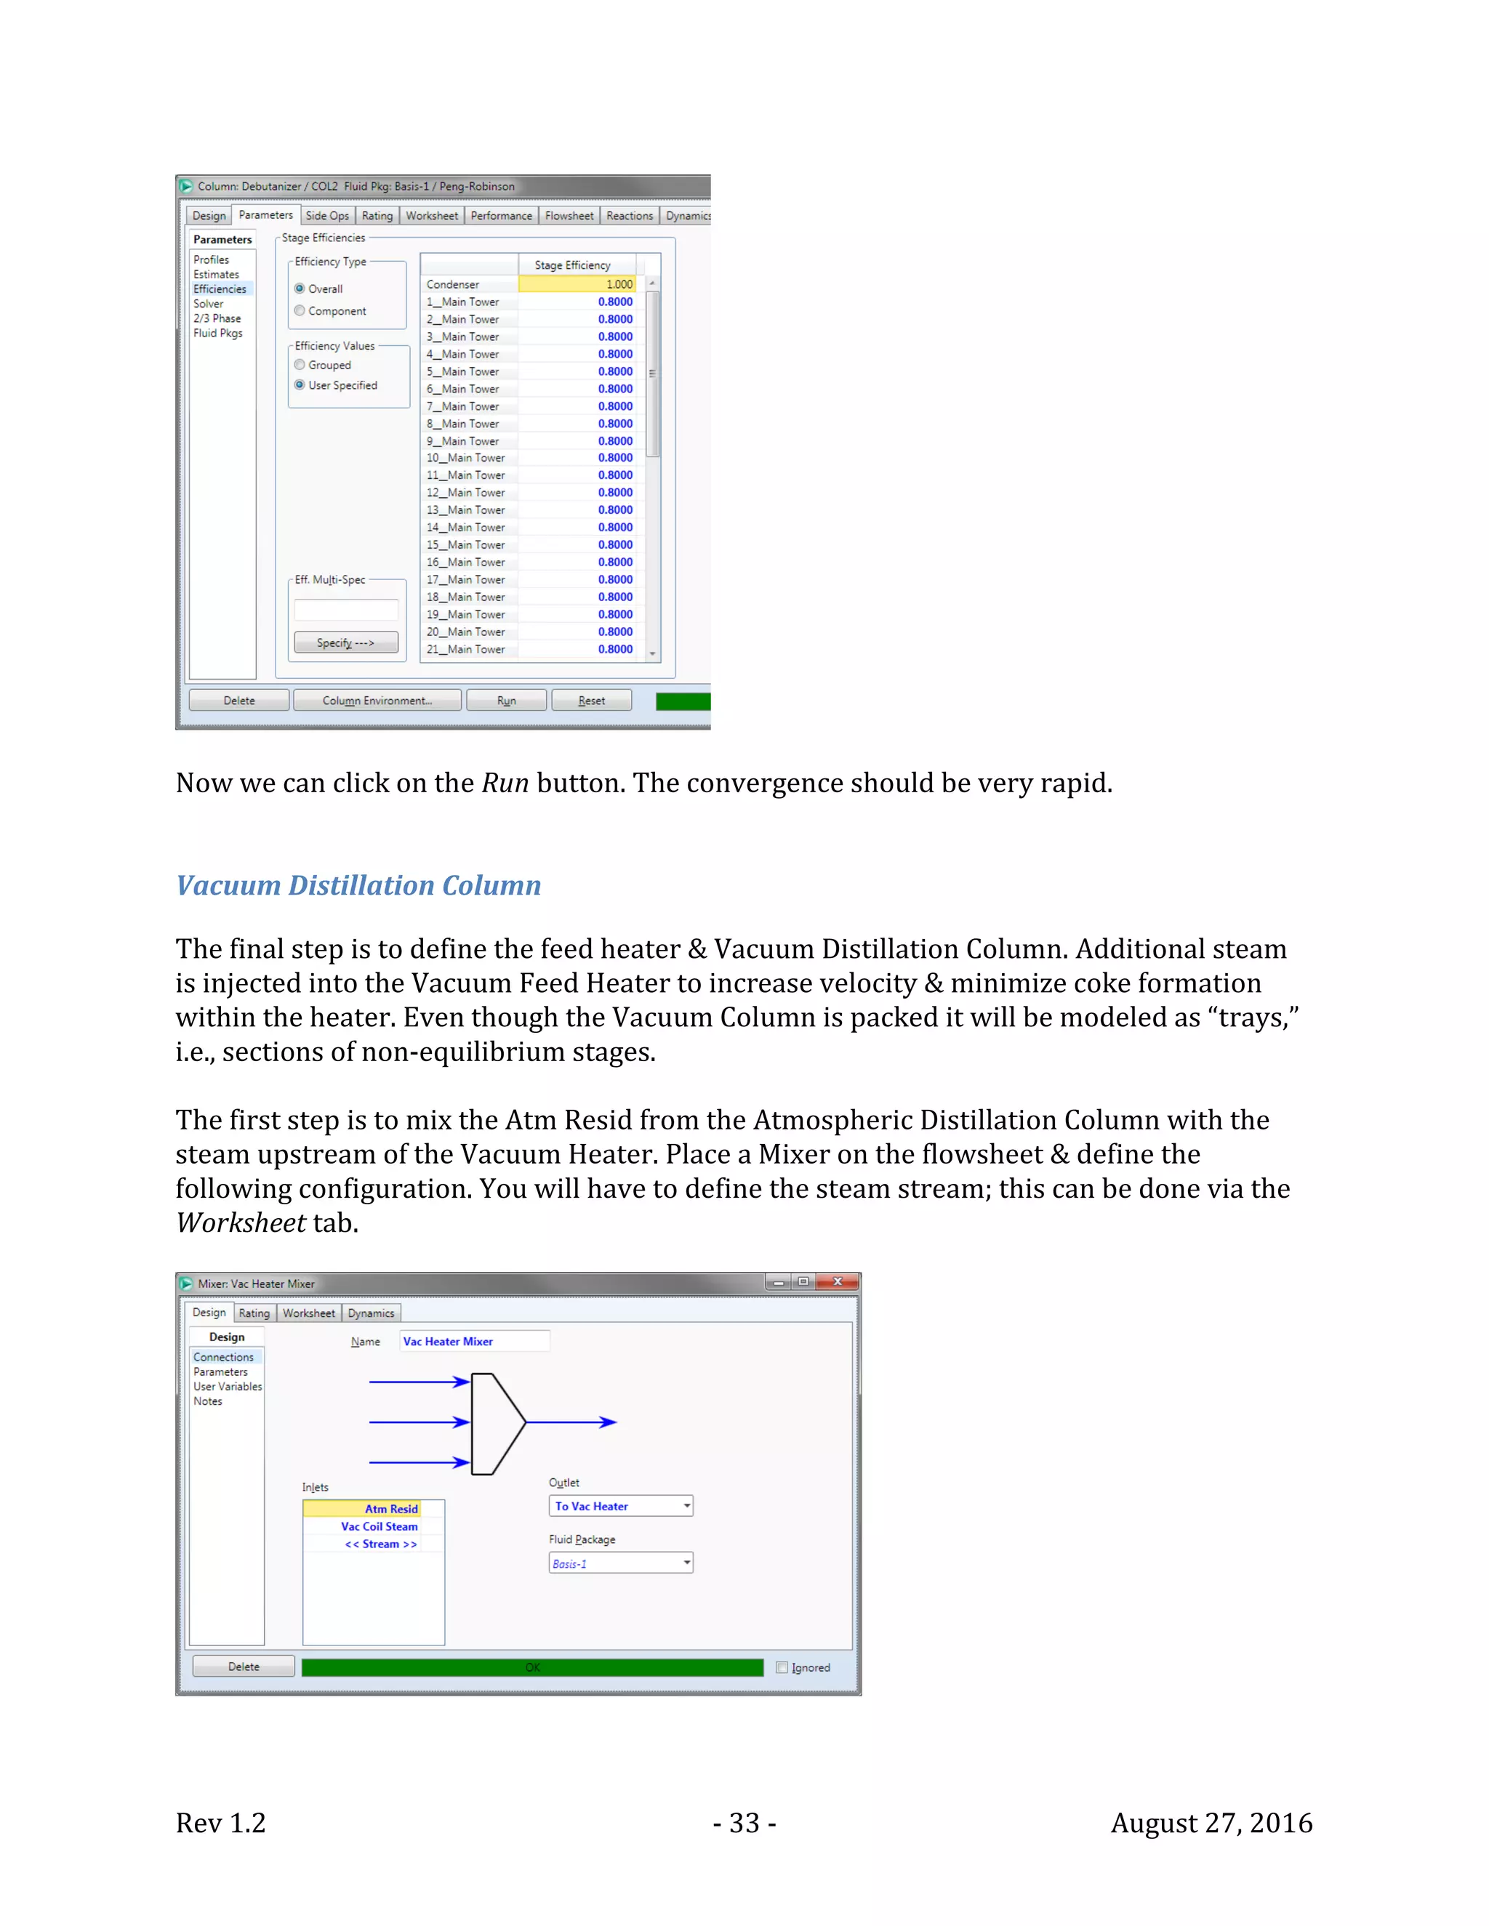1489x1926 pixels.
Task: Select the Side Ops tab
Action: point(327,216)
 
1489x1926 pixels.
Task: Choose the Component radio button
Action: point(300,310)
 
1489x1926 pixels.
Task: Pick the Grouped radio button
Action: point(300,365)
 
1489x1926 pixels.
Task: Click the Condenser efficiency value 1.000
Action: point(577,284)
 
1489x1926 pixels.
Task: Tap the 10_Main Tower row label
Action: point(467,458)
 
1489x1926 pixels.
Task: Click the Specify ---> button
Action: point(346,643)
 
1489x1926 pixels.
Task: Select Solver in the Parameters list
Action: point(209,303)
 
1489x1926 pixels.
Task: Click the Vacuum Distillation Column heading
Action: point(358,885)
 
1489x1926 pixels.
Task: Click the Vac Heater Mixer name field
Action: point(474,1342)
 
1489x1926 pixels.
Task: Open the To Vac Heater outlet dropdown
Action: point(686,1506)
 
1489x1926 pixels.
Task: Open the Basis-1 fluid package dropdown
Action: point(686,1563)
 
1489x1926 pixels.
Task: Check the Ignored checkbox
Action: point(782,1667)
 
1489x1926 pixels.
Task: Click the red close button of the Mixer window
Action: point(837,1281)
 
